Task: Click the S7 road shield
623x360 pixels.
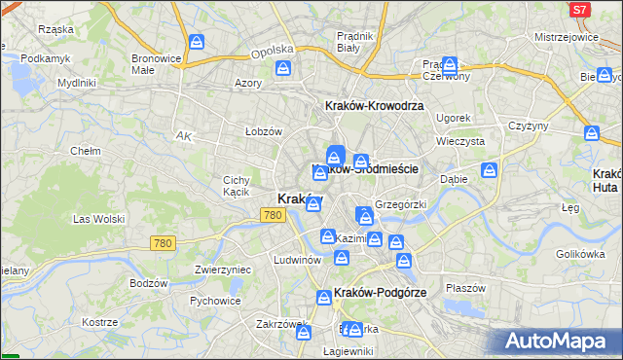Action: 579,9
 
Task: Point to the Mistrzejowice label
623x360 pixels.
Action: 566,36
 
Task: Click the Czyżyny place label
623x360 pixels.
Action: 529,126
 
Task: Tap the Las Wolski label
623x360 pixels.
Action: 98,219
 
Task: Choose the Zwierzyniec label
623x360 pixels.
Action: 223,270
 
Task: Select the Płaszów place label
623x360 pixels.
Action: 464,288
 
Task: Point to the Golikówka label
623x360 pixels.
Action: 581,254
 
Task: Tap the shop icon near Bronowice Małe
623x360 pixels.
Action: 196,43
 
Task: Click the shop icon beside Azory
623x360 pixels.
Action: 282,69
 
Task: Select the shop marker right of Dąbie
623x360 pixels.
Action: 489,171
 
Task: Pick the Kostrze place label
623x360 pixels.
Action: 100,322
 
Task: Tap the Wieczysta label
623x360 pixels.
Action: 460,140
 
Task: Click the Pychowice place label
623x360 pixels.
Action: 215,301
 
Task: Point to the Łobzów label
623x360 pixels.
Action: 263,131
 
